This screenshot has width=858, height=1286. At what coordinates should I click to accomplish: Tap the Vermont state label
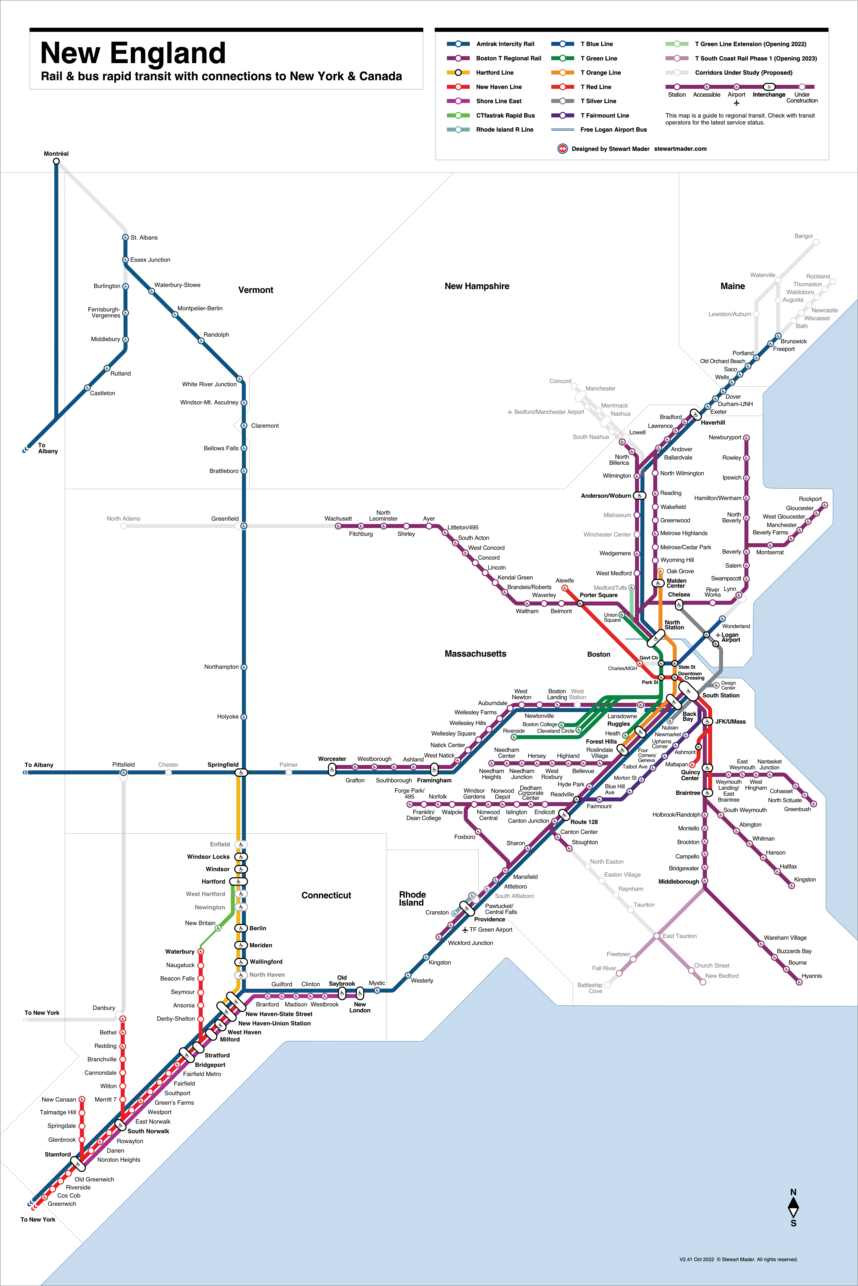(255, 290)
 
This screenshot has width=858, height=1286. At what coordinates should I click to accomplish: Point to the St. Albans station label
(144, 238)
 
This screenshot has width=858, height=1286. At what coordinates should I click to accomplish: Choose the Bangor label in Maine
(803, 236)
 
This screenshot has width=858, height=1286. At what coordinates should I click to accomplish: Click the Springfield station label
(223, 764)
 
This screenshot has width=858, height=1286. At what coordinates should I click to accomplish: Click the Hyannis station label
(812, 976)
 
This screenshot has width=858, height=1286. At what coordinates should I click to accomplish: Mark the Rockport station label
(810, 499)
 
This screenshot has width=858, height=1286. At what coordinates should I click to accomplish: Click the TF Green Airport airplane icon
(465, 929)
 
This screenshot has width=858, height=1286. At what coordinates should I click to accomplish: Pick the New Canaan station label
(59, 1100)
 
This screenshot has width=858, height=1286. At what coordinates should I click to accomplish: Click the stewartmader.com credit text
(680, 149)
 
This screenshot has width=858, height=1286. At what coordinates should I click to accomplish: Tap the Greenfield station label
(225, 518)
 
